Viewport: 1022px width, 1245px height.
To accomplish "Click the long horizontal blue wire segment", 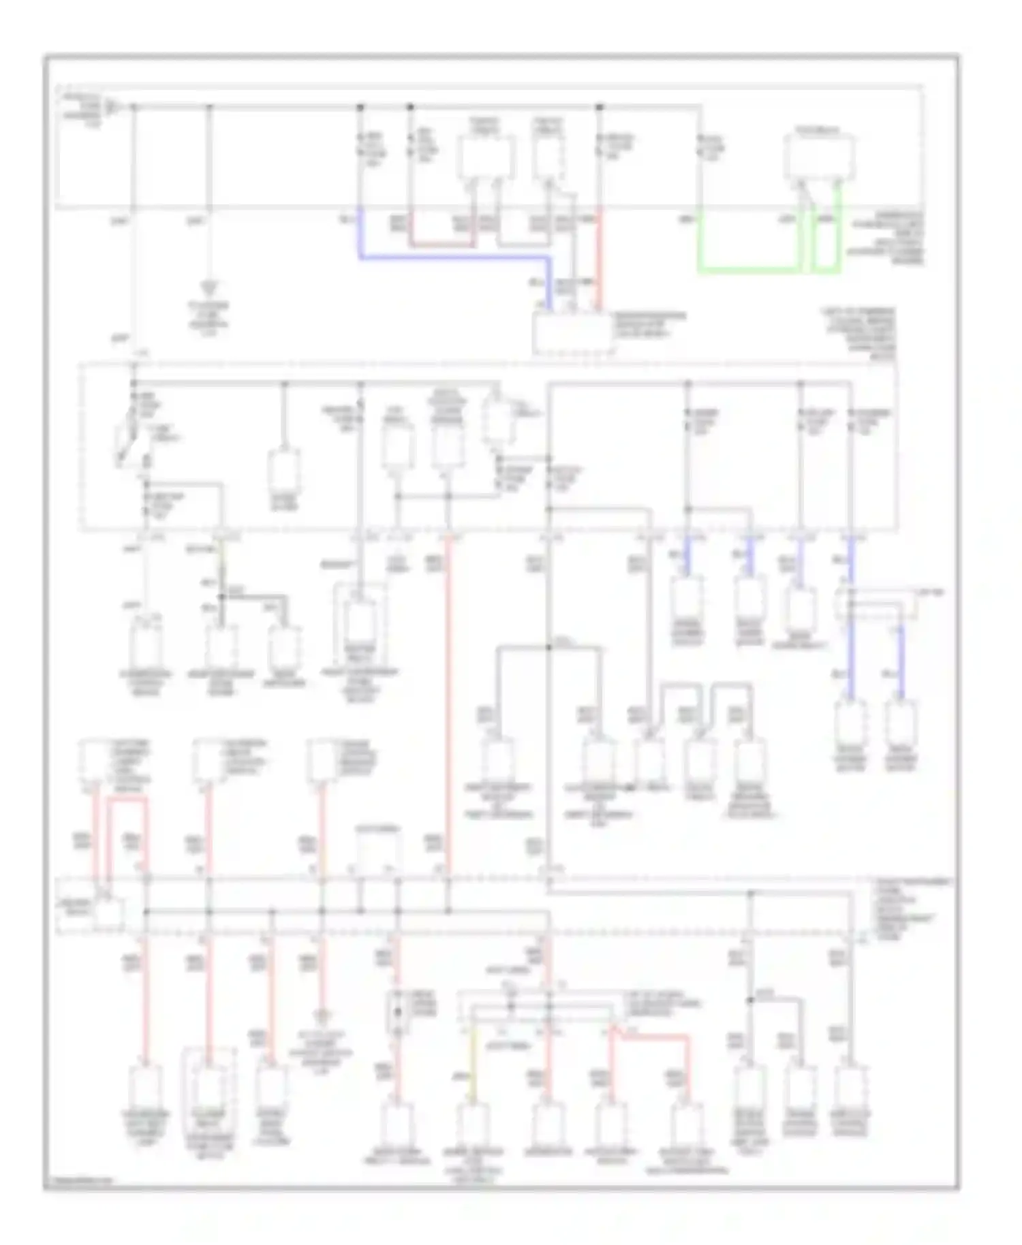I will pos(453,258).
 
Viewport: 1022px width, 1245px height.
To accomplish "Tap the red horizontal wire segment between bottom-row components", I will pos(651,1037).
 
